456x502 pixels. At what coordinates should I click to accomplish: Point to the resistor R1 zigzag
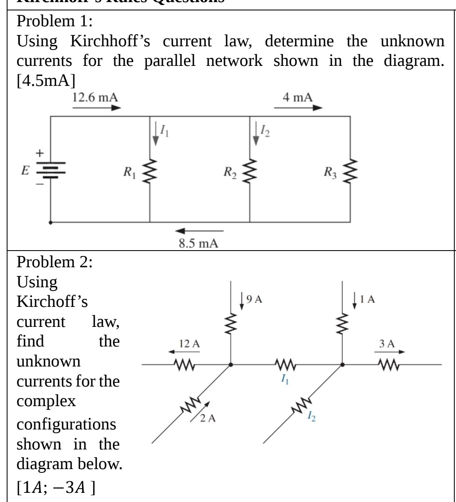point(149,171)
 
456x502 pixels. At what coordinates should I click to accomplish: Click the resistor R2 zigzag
point(250,171)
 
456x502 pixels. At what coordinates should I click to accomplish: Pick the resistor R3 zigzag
point(350,171)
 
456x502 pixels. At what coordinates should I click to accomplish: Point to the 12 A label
point(189,344)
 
